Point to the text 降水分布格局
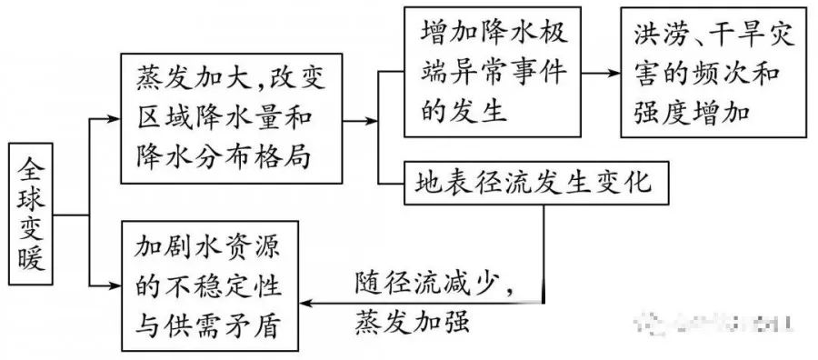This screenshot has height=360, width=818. [x=221, y=155]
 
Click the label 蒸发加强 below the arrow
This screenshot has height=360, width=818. [x=410, y=323]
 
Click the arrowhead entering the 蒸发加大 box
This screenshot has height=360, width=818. [x=115, y=116]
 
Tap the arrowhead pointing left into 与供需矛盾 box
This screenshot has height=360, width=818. [x=308, y=304]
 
